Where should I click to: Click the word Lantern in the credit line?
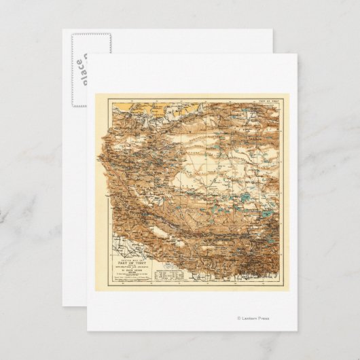point(250,318)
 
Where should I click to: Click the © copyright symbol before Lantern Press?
point(238,318)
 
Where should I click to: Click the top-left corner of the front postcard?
point(88,54)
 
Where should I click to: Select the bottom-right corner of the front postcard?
point(297,331)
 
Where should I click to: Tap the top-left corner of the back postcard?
point(63,29)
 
